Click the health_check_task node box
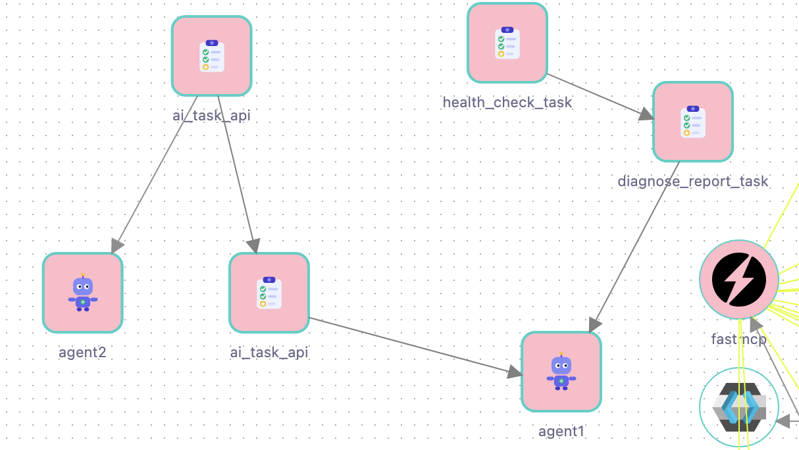(507, 43)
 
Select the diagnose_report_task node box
(692, 122)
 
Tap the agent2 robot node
(83, 293)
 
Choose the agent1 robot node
(561, 372)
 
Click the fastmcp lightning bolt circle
(738, 279)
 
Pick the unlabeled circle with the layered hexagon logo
(738, 408)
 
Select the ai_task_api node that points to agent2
(212, 56)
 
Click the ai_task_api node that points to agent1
(269, 293)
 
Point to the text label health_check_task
(507, 103)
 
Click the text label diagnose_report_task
(692, 181)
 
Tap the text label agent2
(82, 352)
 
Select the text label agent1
(561, 432)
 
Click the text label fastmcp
(738, 339)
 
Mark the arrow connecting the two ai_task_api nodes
(236, 171)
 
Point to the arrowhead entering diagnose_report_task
(646, 114)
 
